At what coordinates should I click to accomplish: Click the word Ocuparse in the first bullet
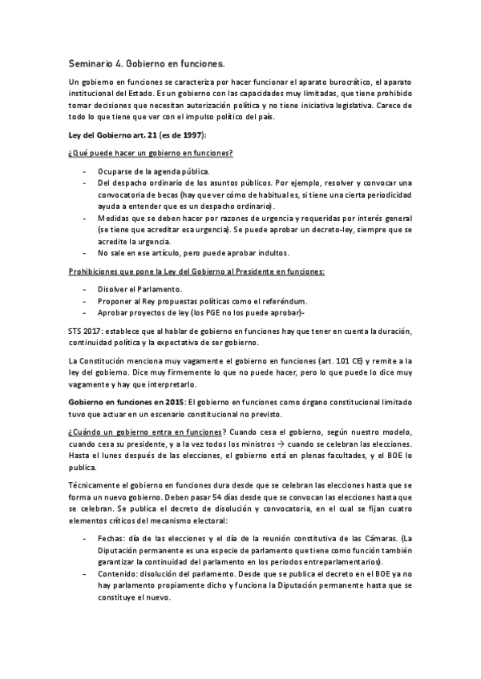point(118,171)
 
